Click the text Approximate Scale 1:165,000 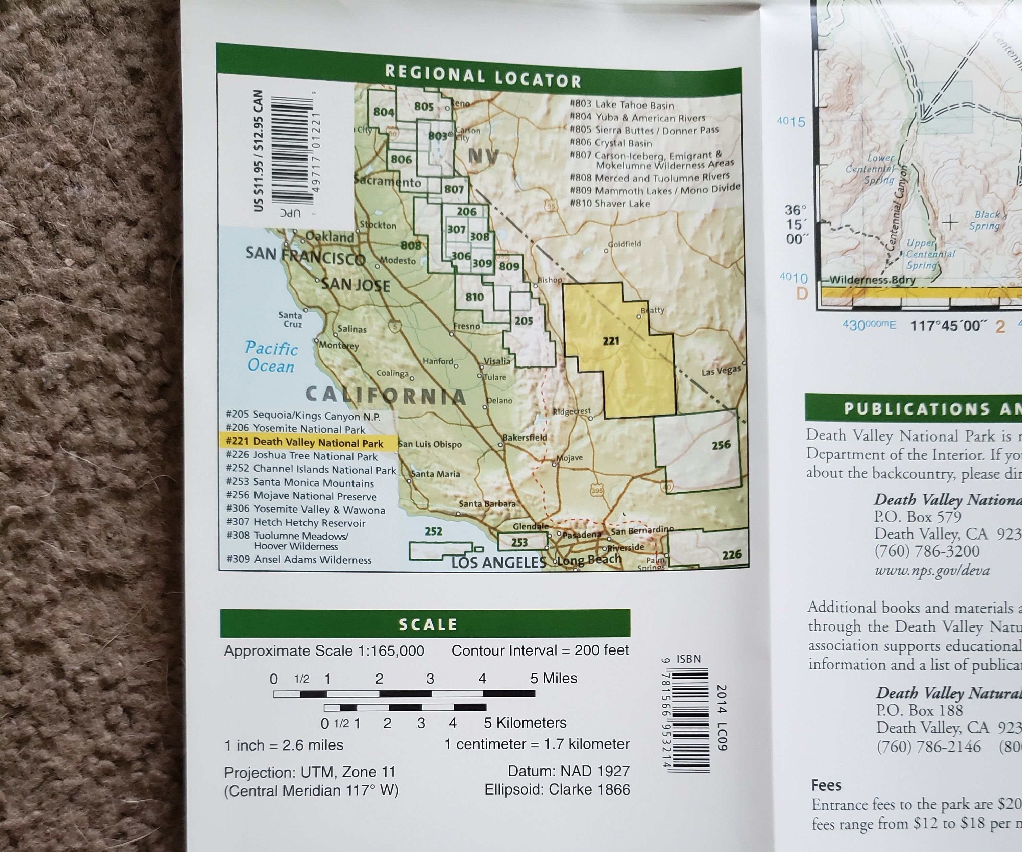coord(324,651)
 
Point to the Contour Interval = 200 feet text coord(540,650)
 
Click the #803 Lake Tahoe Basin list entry coord(622,105)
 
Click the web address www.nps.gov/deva coord(932,570)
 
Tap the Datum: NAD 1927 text coord(568,771)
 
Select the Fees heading coord(826,785)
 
